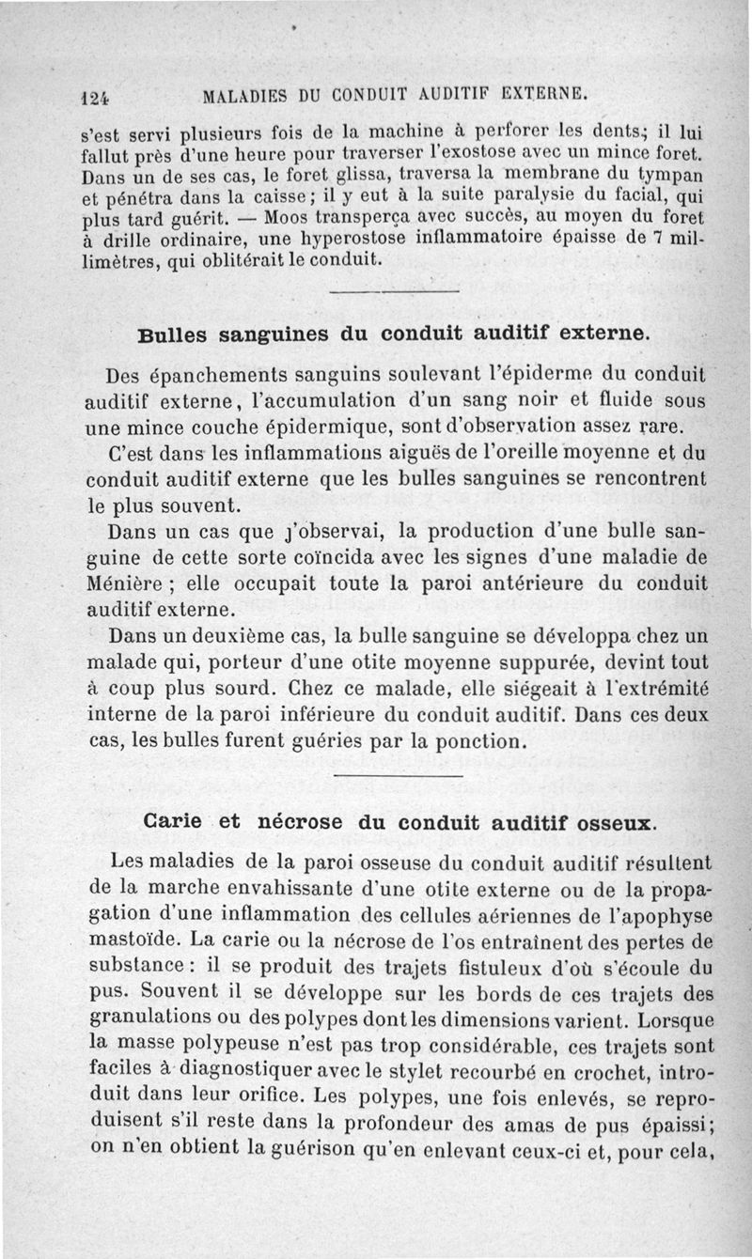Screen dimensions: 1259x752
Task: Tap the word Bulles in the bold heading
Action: tap(170, 334)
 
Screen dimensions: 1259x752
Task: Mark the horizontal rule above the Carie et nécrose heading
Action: tap(399, 776)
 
